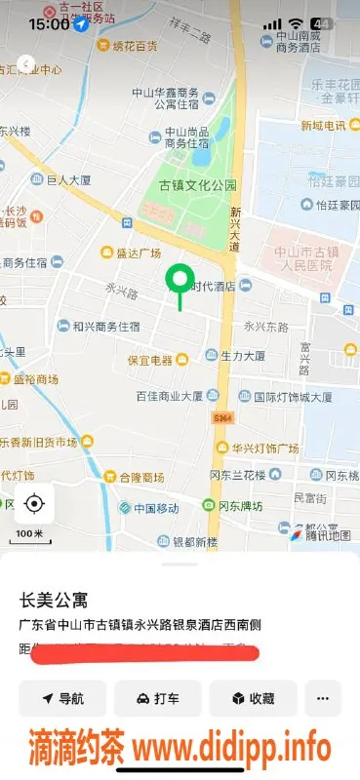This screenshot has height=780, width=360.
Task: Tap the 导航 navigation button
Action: [62, 698]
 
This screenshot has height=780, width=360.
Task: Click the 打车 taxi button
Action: [157, 698]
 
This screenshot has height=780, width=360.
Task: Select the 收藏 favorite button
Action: [252, 698]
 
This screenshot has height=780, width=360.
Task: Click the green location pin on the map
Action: [179, 281]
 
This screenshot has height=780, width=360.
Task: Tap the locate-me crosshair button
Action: [34, 503]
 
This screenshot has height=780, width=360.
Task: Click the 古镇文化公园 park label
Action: [198, 185]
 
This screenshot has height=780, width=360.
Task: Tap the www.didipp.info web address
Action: [232, 750]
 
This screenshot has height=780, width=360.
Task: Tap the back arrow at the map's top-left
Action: [26, 64]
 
